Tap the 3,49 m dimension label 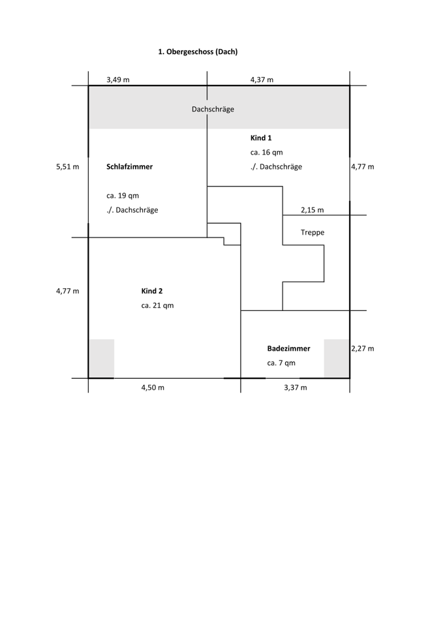(x=118, y=80)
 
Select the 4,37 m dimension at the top (x=262, y=80)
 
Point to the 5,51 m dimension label (x=68, y=167)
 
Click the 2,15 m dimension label (x=312, y=210)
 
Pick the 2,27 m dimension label (x=363, y=348)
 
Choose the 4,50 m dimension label (x=152, y=387)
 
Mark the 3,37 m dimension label (x=295, y=387)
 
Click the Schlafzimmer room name (x=129, y=167)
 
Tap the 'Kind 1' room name (x=261, y=138)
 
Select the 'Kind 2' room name (x=152, y=291)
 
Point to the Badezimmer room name (x=288, y=348)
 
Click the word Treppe (x=313, y=232)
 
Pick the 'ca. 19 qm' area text (x=123, y=196)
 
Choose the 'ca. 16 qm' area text (x=267, y=152)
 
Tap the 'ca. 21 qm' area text (x=157, y=305)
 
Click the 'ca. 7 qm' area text (x=281, y=363)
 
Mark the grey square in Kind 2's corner (x=102, y=358)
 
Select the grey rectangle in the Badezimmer (x=336, y=358)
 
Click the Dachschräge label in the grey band (x=213, y=109)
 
